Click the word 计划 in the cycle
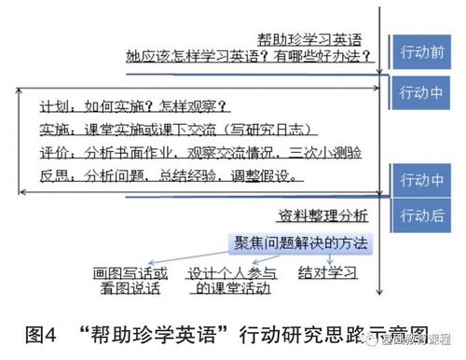click(x=55, y=105)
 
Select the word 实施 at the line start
click(x=55, y=130)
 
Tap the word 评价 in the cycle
click(x=55, y=152)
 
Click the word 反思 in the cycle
click(x=55, y=174)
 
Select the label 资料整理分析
click(x=327, y=215)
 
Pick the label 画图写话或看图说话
click(x=131, y=281)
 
